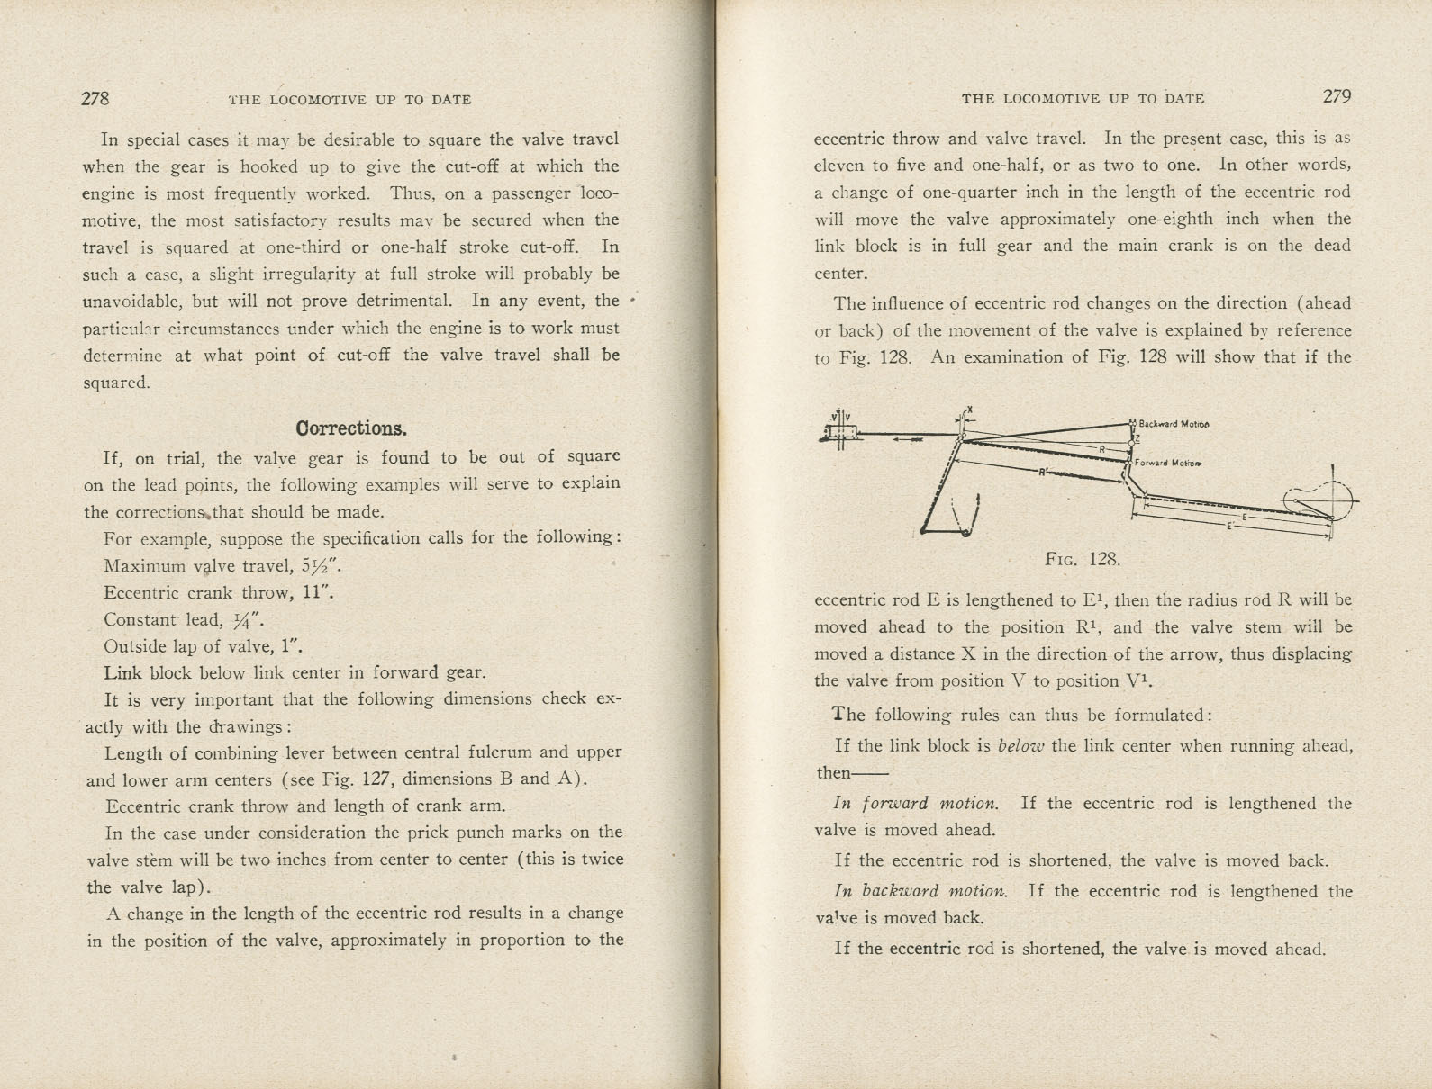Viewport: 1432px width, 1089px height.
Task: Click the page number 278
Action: (95, 99)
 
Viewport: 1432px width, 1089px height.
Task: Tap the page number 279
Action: (1337, 97)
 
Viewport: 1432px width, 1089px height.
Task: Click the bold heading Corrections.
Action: (351, 428)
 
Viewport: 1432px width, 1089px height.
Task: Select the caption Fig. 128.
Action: (1083, 559)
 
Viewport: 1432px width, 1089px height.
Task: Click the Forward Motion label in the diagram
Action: (1169, 463)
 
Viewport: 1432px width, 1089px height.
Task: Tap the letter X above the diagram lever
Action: (969, 409)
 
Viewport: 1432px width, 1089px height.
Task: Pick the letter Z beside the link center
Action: (1138, 439)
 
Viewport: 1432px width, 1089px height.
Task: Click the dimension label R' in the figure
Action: (1043, 473)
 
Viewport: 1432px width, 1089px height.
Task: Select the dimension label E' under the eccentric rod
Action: (1229, 526)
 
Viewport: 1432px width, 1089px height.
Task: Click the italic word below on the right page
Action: (1020, 746)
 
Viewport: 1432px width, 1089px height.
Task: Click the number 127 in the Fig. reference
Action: (374, 779)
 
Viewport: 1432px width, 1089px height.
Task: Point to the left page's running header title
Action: (350, 100)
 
